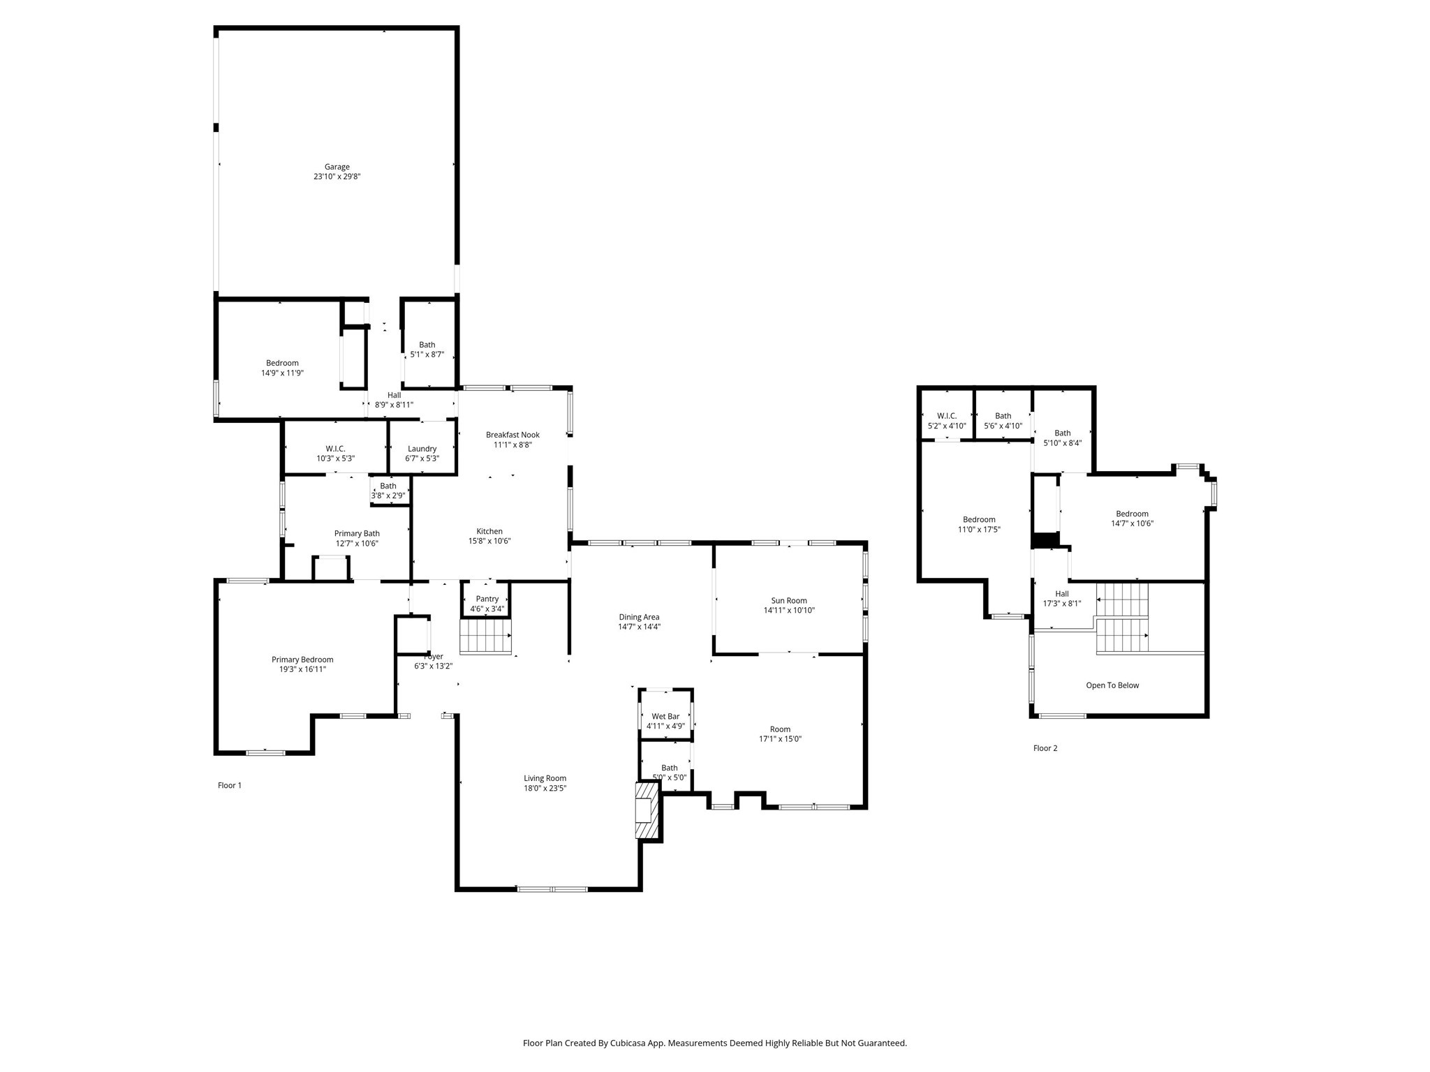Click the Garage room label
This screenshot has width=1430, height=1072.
click(337, 167)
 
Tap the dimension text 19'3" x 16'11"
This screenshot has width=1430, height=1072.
click(302, 669)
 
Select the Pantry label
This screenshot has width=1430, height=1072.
click(487, 599)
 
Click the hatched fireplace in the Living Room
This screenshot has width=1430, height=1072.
click(647, 810)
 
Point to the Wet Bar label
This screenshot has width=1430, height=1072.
click(665, 717)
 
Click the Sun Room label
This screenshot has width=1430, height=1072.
click(789, 600)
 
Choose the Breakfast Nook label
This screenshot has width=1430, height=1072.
click(513, 435)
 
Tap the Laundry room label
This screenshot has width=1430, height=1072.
click(422, 449)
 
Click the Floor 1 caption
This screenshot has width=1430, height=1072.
click(230, 785)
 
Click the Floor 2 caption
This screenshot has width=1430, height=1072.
click(1045, 748)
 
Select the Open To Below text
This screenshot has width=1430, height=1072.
click(1112, 685)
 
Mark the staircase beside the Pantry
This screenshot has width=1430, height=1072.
click(485, 636)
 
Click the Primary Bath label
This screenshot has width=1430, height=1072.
click(357, 534)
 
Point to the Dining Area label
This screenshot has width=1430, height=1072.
click(639, 617)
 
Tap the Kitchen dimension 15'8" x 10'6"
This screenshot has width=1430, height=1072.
click(489, 541)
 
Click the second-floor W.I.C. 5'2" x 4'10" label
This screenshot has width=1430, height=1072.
click(947, 426)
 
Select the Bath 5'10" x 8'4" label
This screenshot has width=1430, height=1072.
click(1063, 433)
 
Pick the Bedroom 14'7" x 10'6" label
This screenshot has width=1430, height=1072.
click(1132, 514)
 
